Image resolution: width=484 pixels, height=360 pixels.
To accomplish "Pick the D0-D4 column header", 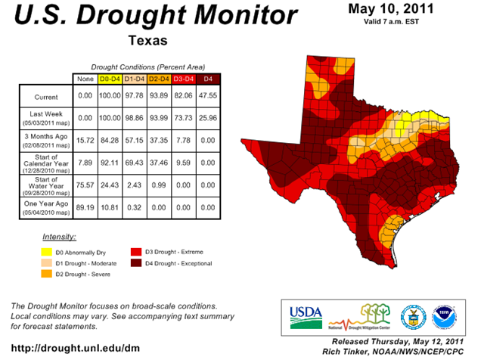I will coord(110,79).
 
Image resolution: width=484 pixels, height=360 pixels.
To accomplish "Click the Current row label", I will coord(45,97).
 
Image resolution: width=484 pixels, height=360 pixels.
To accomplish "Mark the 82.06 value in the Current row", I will coord(185,97).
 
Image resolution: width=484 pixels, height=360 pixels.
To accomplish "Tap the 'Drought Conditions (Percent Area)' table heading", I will coord(147,67).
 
